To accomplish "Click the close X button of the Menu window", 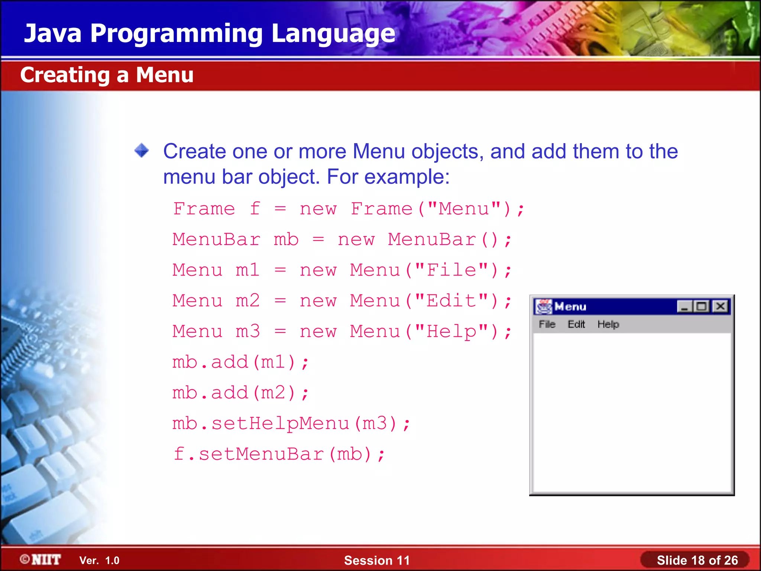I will pyautogui.click(x=720, y=306).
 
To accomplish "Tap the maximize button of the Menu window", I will pyautogui.click(x=702, y=306).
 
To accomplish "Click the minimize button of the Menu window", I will pyautogui.click(x=684, y=306).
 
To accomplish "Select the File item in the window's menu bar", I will pyautogui.click(x=547, y=324).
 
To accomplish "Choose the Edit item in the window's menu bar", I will pyautogui.click(x=576, y=324).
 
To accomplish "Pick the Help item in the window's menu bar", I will pyautogui.click(x=608, y=324).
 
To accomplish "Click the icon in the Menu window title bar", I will pyautogui.click(x=544, y=307).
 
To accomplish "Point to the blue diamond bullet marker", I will pyautogui.click(x=142, y=151).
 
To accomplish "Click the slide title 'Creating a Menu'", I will pyautogui.click(x=107, y=75).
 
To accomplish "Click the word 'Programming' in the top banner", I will pyautogui.click(x=177, y=33).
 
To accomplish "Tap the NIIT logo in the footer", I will pyautogui.click(x=41, y=559).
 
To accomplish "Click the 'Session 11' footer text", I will pyautogui.click(x=377, y=560).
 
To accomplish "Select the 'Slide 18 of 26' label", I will pyautogui.click(x=697, y=560).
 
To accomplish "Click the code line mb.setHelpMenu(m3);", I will pyautogui.click(x=291, y=423).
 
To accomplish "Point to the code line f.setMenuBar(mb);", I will pyautogui.click(x=279, y=454).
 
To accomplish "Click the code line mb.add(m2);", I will pyautogui.click(x=240, y=393).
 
